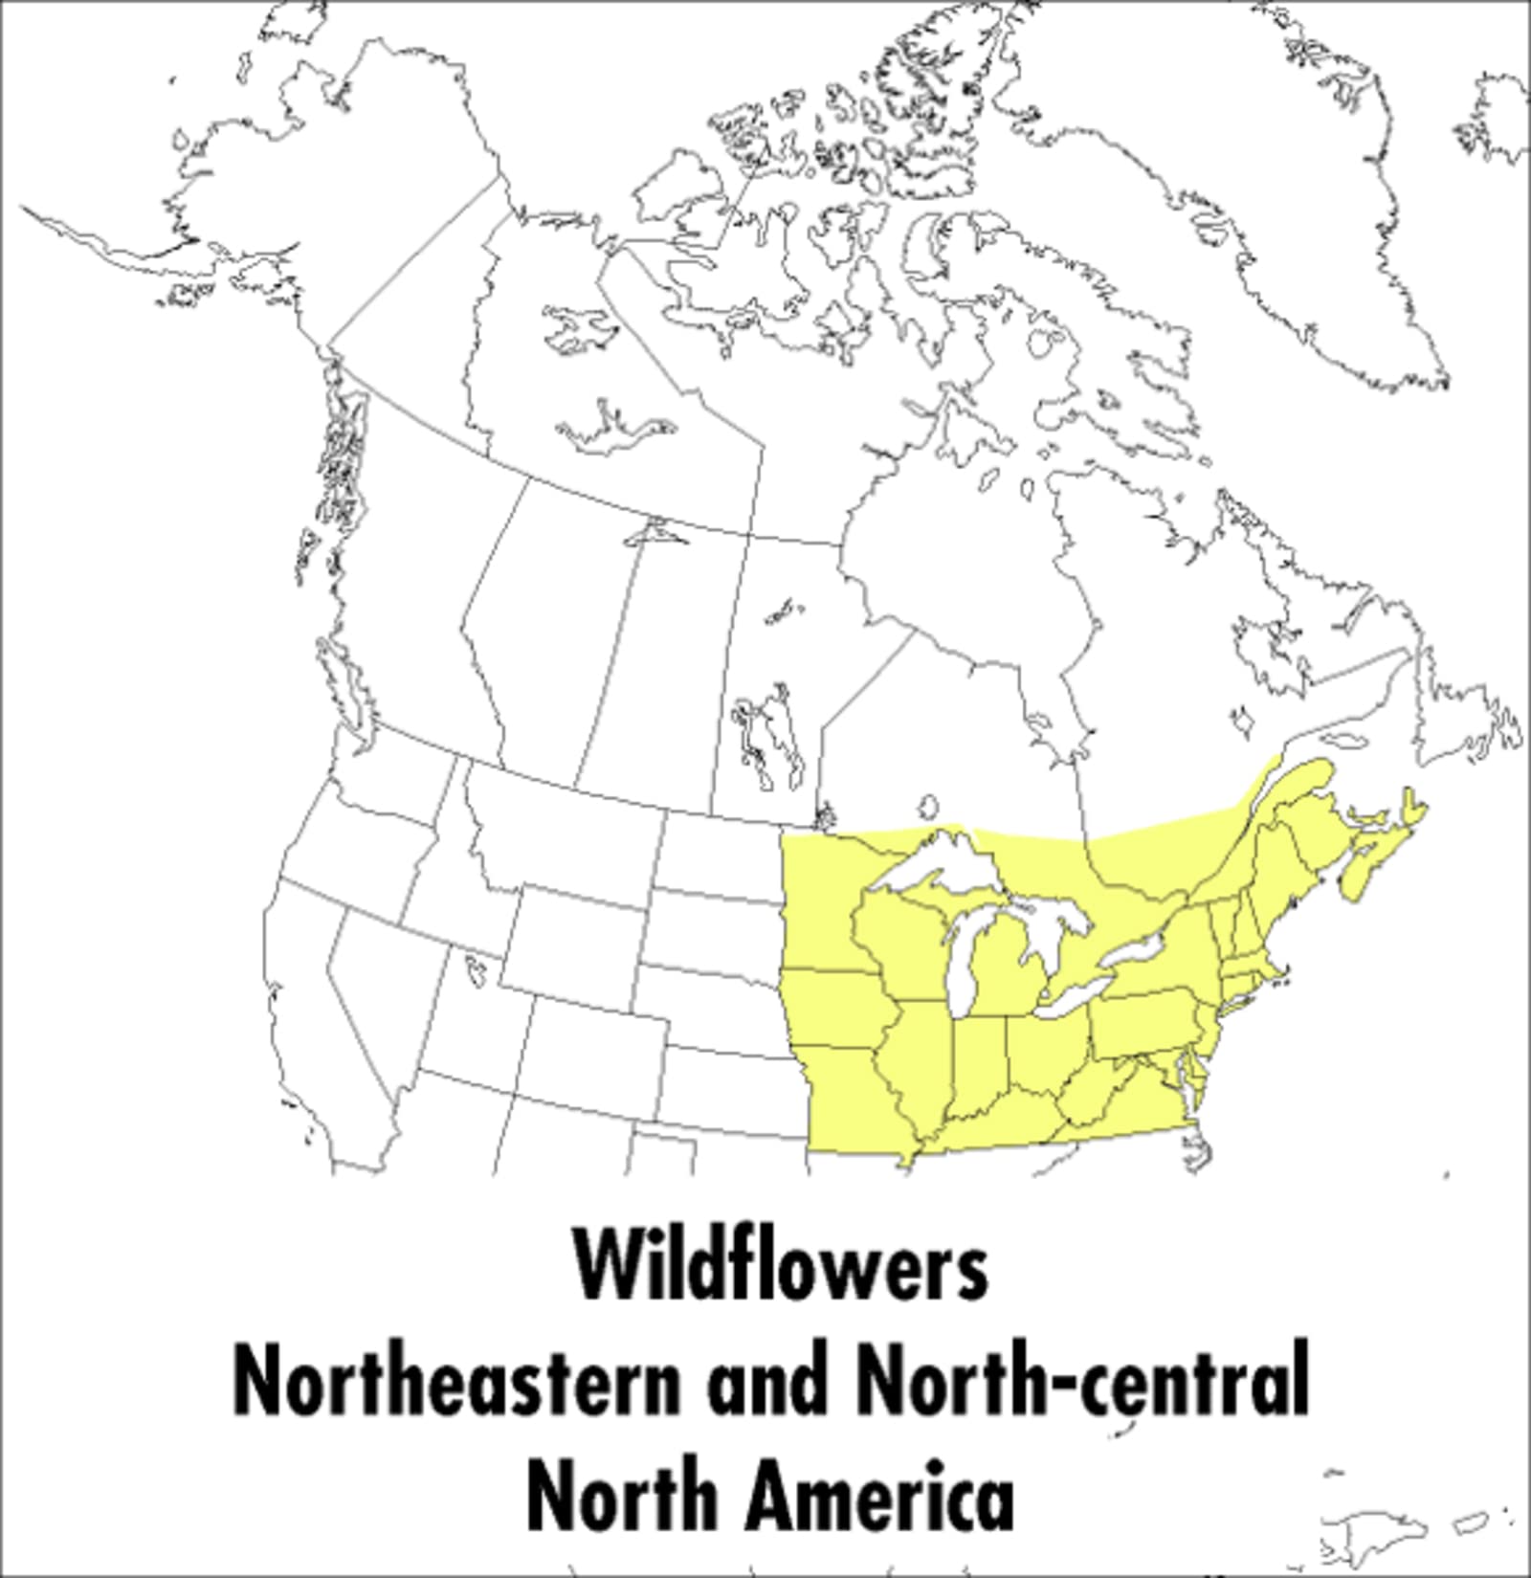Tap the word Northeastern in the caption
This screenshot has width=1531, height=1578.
(x=456, y=1383)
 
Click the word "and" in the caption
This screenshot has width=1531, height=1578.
(x=765, y=1383)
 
